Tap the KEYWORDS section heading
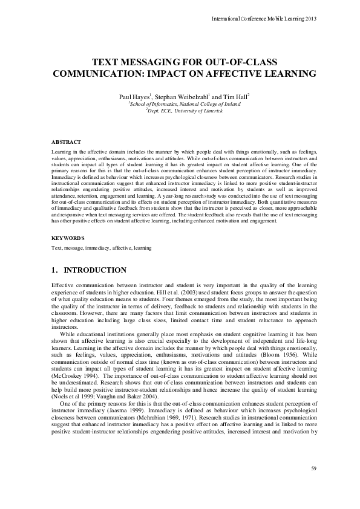68,238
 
